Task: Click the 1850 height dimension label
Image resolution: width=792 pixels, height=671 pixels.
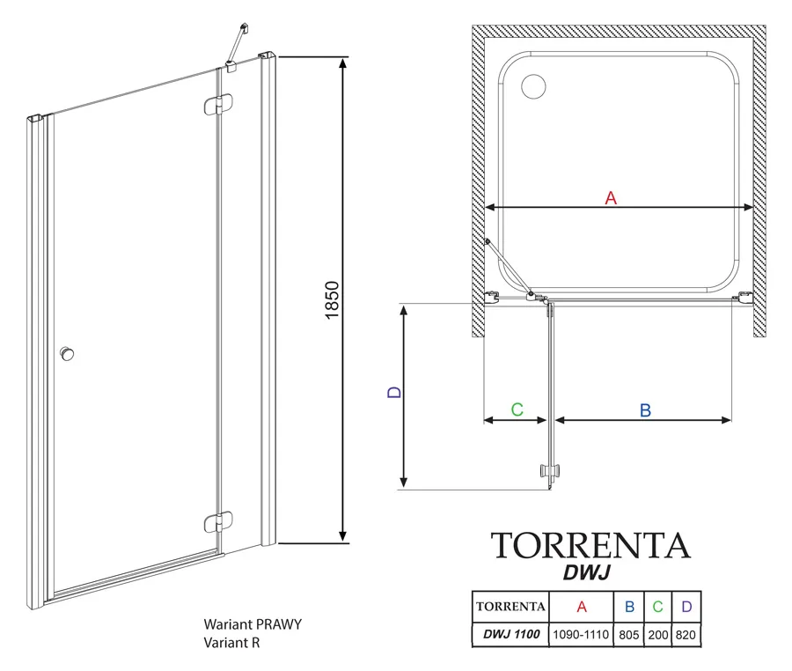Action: coord(332,299)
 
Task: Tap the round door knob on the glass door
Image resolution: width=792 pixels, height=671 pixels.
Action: coord(66,354)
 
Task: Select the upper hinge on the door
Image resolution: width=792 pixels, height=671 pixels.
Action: coord(219,105)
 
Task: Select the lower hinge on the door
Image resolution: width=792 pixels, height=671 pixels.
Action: coord(219,522)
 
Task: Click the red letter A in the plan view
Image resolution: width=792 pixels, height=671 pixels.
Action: coord(611,197)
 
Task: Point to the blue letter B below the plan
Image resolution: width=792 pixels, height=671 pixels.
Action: coord(645,410)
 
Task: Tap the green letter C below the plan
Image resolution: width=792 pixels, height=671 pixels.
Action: coord(517,409)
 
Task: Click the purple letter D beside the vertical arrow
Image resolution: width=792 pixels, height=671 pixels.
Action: coord(394,392)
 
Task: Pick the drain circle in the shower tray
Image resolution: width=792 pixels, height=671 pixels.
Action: coord(533,86)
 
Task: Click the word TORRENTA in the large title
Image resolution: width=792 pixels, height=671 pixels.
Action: coord(590,545)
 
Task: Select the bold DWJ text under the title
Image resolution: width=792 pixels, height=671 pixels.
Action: coord(586,572)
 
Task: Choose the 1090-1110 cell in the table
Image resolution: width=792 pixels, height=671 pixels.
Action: coord(581,635)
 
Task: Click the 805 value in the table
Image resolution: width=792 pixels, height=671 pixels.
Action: coord(629,635)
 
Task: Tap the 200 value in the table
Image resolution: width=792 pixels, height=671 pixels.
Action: coord(657,635)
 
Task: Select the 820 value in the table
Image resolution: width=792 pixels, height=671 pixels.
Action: coord(686,635)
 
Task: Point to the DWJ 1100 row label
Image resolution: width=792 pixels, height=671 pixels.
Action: coord(511,634)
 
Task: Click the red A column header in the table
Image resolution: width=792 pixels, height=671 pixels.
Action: coord(582,607)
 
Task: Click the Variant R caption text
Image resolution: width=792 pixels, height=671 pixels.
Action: coord(231,643)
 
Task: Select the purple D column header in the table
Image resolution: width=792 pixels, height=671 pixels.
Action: coord(686,607)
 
